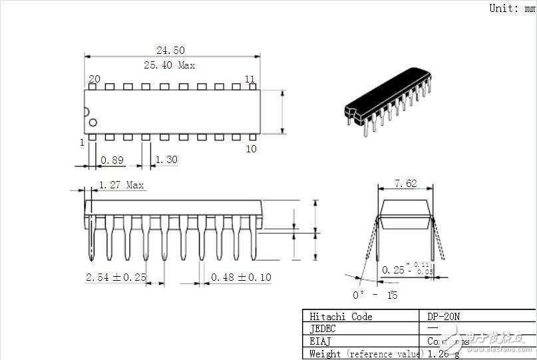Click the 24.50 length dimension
click(x=170, y=50)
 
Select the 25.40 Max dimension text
click(x=170, y=65)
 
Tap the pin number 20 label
click(x=94, y=79)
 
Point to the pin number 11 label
click(x=250, y=79)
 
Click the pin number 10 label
click(x=251, y=148)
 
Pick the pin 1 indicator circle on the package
click(x=93, y=122)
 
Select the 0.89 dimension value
click(x=112, y=160)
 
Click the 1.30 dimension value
click(x=166, y=160)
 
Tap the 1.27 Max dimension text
click(x=122, y=185)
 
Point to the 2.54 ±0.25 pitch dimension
click(x=116, y=277)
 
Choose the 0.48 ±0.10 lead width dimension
click(x=241, y=277)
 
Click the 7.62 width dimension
click(x=406, y=183)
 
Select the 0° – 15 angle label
click(x=375, y=295)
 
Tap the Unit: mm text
click(x=512, y=8)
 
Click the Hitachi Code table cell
click(x=341, y=316)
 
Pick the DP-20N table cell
click(x=443, y=316)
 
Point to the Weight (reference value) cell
click(x=363, y=353)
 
